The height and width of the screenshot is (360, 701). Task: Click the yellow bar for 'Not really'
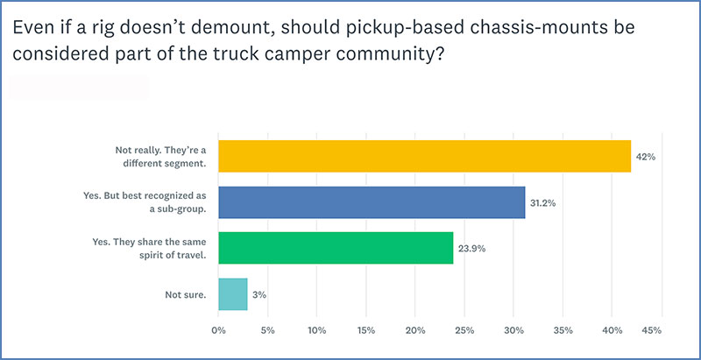424,156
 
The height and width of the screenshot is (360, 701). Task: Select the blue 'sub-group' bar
372,201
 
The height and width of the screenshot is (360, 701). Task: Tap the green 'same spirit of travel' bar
336,248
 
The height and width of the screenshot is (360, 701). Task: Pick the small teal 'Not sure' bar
232,294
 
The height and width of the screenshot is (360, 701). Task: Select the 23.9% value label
472,248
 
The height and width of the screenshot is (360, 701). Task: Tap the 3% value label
259,294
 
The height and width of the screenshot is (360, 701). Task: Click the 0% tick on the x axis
219,331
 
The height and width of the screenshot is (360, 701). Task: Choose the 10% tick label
316,331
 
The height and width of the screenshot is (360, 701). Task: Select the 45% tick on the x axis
651,331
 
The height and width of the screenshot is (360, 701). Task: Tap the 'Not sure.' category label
185,294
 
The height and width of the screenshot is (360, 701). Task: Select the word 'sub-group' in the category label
181,208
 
